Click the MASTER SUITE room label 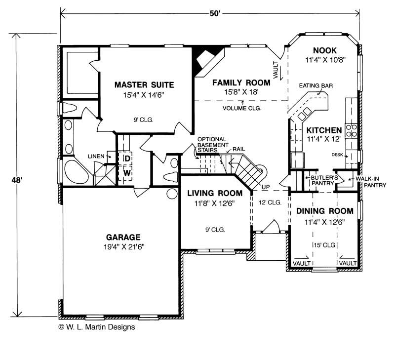144,84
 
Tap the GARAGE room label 123,237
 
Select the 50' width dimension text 215,13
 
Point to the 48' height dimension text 17,180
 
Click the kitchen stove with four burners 352,130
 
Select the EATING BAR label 316,85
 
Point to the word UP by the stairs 266,187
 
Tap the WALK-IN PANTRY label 371,182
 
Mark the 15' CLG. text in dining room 325,245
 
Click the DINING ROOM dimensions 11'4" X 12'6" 324,222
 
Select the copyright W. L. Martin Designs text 97,327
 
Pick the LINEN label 96,156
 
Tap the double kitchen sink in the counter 304,114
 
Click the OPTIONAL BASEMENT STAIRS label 213,145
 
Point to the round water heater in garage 172,194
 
